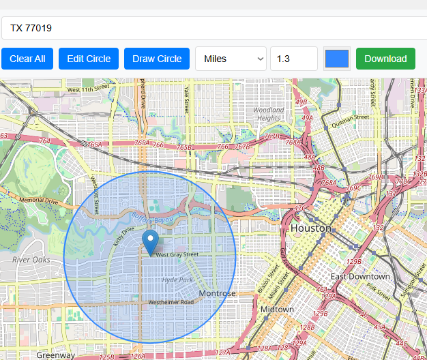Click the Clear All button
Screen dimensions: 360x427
click(27, 59)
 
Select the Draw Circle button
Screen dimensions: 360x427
click(157, 59)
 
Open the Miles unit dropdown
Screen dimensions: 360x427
click(231, 59)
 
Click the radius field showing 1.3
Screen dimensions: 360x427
click(293, 59)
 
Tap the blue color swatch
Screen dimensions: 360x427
click(337, 59)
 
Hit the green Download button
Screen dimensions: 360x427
click(385, 59)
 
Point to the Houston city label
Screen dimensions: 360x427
click(311, 228)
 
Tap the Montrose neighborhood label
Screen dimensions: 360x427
click(217, 293)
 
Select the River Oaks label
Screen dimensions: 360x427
click(31, 260)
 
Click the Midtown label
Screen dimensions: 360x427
click(277, 309)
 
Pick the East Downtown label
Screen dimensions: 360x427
click(360, 276)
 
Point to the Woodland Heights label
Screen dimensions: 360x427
click(269, 114)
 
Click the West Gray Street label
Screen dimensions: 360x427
click(177, 254)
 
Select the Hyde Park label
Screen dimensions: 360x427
click(178, 280)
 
